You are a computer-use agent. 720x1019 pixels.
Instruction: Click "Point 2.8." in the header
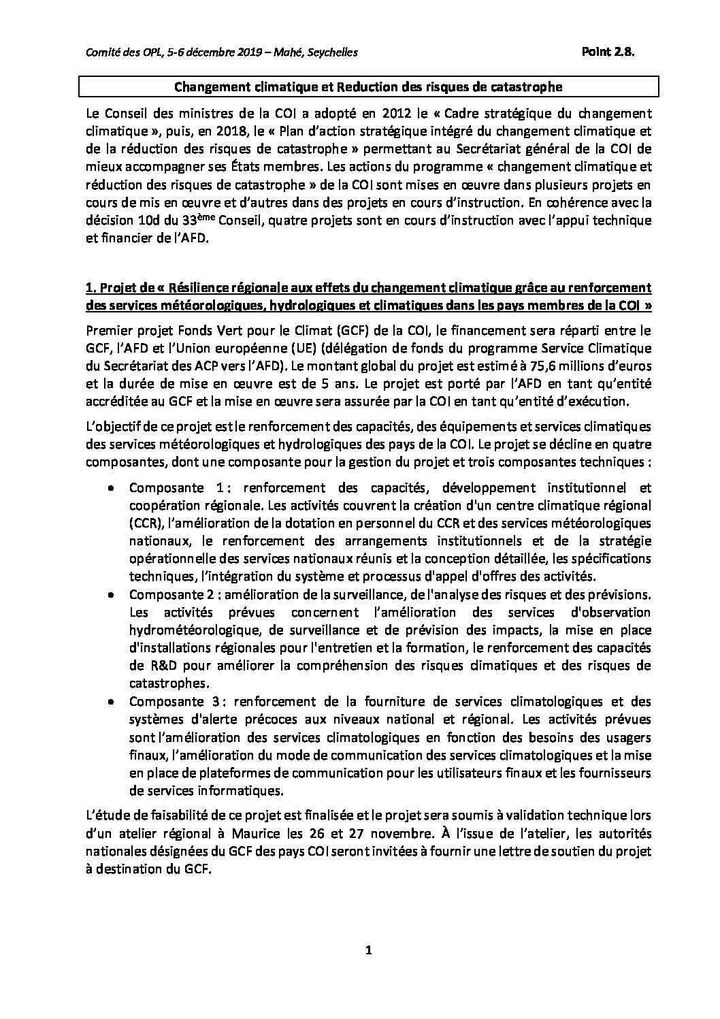(608, 53)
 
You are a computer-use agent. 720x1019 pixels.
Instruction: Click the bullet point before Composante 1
(112, 488)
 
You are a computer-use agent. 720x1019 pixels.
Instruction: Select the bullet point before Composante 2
(112, 595)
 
